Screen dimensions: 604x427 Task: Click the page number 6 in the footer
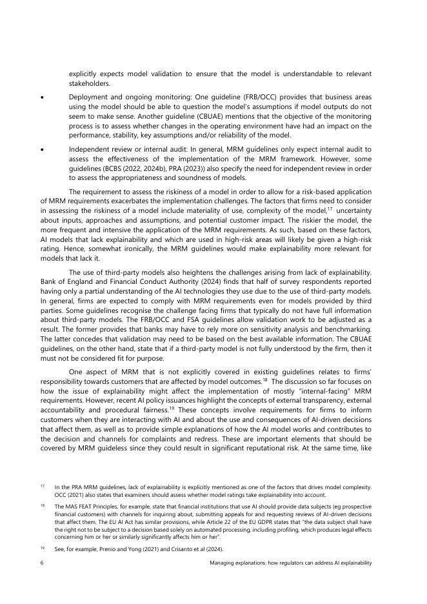41,563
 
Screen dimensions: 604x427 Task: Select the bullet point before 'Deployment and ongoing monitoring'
42,96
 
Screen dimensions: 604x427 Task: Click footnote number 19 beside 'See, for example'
42,546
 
